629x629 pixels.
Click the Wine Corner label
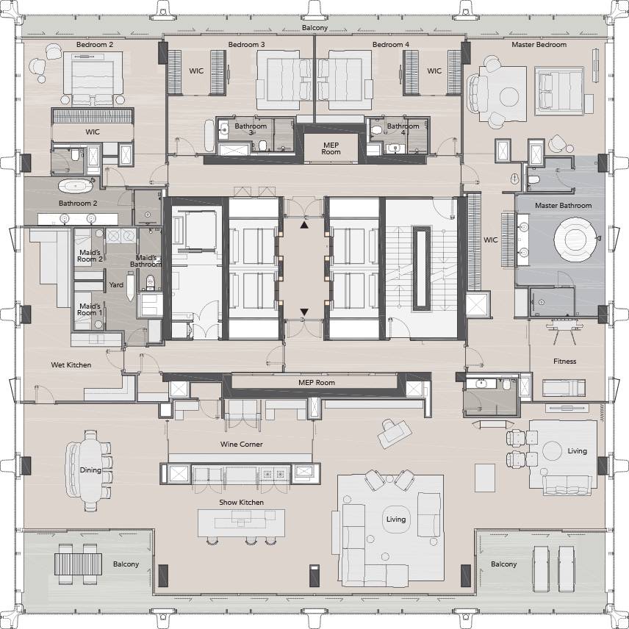coord(241,444)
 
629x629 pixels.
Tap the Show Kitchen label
coord(241,502)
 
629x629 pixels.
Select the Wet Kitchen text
coord(71,364)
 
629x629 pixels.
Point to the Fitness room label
coord(564,361)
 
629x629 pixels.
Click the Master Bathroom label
coord(563,206)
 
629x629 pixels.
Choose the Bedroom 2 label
coord(95,45)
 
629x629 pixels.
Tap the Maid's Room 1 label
coord(90,309)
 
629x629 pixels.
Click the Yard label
coord(116,285)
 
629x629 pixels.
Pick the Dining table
coord(90,470)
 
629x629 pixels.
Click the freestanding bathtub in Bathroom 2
coord(76,186)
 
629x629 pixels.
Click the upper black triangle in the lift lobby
coord(304,225)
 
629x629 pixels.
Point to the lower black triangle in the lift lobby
coord(304,312)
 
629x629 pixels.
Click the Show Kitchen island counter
coord(241,523)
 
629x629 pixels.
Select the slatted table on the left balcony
coord(78,564)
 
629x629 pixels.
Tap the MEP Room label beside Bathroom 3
coord(331,148)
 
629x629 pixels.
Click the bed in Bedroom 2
coord(93,79)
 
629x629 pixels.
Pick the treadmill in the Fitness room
coord(564,388)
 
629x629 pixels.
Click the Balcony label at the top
coord(314,28)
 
